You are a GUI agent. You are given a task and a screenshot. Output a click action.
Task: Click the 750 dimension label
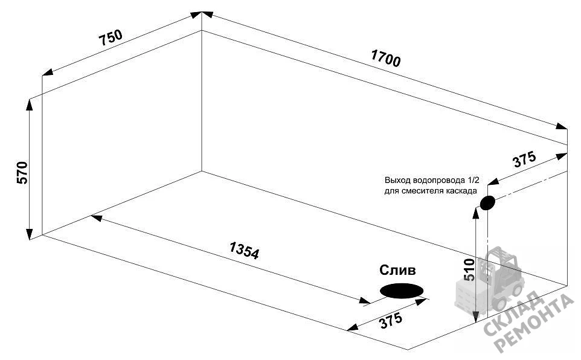(111, 37)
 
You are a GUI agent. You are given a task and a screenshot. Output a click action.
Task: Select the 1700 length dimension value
(386, 58)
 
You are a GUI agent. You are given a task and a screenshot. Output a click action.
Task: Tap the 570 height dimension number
(22, 173)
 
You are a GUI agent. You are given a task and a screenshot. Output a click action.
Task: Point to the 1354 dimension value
(244, 250)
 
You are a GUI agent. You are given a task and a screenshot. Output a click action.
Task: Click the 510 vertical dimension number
(469, 269)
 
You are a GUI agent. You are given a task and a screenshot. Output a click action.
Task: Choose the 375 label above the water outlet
(524, 159)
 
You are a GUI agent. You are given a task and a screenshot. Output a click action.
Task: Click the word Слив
(397, 270)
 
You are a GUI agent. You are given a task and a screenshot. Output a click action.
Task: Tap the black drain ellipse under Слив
(402, 291)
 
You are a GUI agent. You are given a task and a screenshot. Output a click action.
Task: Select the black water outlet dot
(487, 203)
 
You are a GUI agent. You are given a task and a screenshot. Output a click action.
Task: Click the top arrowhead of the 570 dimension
(29, 105)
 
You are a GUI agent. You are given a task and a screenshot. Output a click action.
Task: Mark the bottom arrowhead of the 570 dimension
(29, 234)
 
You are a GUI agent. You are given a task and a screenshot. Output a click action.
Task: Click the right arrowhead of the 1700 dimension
(561, 126)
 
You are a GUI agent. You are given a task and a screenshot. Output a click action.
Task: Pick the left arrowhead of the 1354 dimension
(97, 217)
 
